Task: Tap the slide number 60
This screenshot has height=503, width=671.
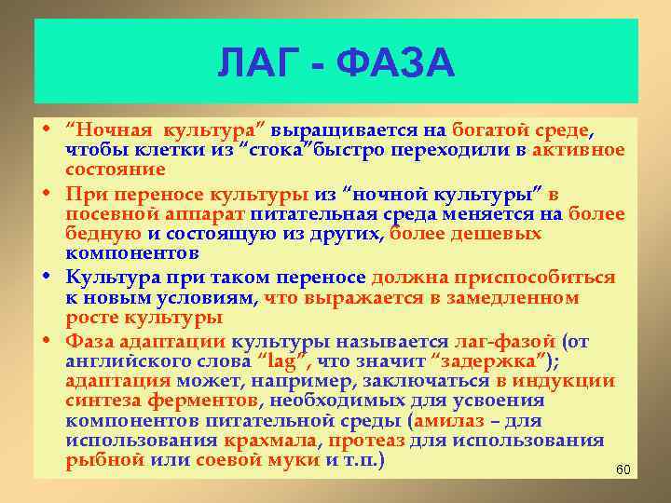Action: (624, 469)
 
